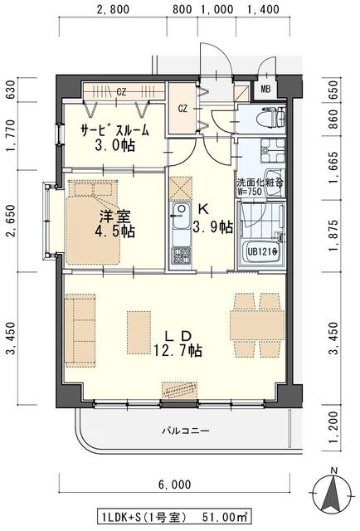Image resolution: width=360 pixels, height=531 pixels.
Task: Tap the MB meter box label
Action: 265,90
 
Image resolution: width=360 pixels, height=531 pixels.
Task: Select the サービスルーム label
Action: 114,130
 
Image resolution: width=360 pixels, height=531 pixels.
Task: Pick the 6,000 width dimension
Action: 174,485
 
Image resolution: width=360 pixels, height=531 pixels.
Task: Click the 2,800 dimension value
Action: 114,10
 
